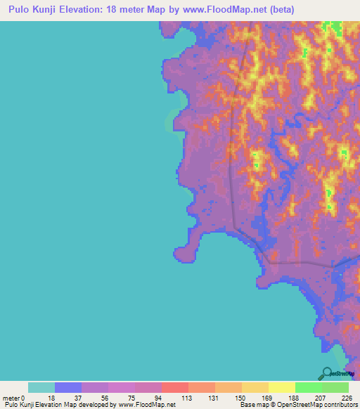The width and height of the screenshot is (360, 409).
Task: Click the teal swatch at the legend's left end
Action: [41, 387]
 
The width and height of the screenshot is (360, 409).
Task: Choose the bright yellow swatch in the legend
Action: [281, 387]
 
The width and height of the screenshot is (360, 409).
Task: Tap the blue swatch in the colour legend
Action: [68, 387]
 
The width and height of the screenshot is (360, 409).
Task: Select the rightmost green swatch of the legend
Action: [335, 387]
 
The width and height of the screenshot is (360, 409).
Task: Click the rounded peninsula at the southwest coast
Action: [185, 254]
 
